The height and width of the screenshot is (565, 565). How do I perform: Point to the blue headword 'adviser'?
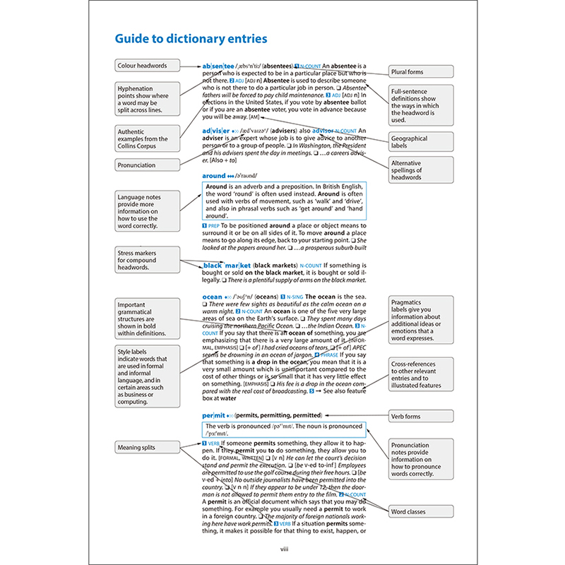click(220, 131)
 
